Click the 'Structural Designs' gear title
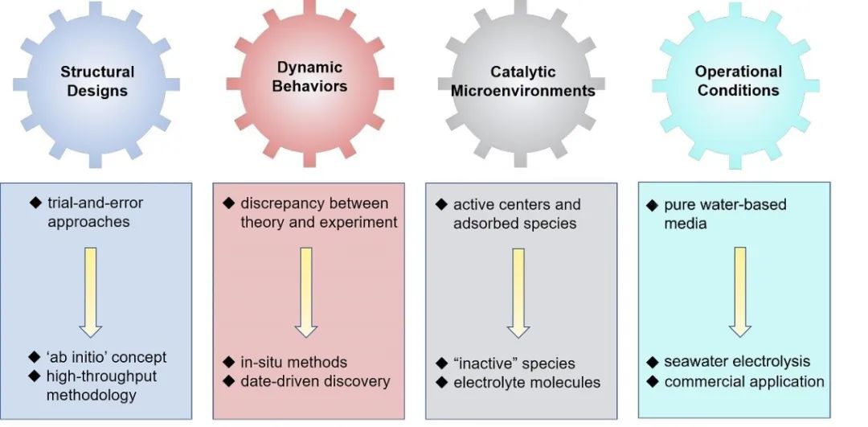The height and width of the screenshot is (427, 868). pos(97,81)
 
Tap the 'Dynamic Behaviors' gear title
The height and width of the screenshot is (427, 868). pos(310,76)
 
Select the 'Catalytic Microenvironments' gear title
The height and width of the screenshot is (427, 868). pos(522,81)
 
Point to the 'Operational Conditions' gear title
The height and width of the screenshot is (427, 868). pos(738,81)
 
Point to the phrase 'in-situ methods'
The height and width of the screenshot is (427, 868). pos(294,362)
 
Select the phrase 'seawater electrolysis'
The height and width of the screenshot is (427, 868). pos(737,362)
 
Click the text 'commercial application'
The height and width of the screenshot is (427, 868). pos(743,381)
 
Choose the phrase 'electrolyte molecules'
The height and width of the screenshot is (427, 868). pos(526,383)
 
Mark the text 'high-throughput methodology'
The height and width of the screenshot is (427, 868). pos(101,385)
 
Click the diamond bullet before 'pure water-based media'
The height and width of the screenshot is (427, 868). pos(653,205)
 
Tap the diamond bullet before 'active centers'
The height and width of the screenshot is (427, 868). pos(441,205)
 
